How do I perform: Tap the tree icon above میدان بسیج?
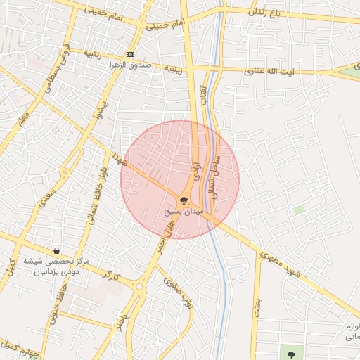184,200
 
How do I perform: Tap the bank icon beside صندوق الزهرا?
131,54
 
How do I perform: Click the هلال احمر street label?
163,237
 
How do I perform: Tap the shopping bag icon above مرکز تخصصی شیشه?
56,250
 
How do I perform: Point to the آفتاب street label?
204,95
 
